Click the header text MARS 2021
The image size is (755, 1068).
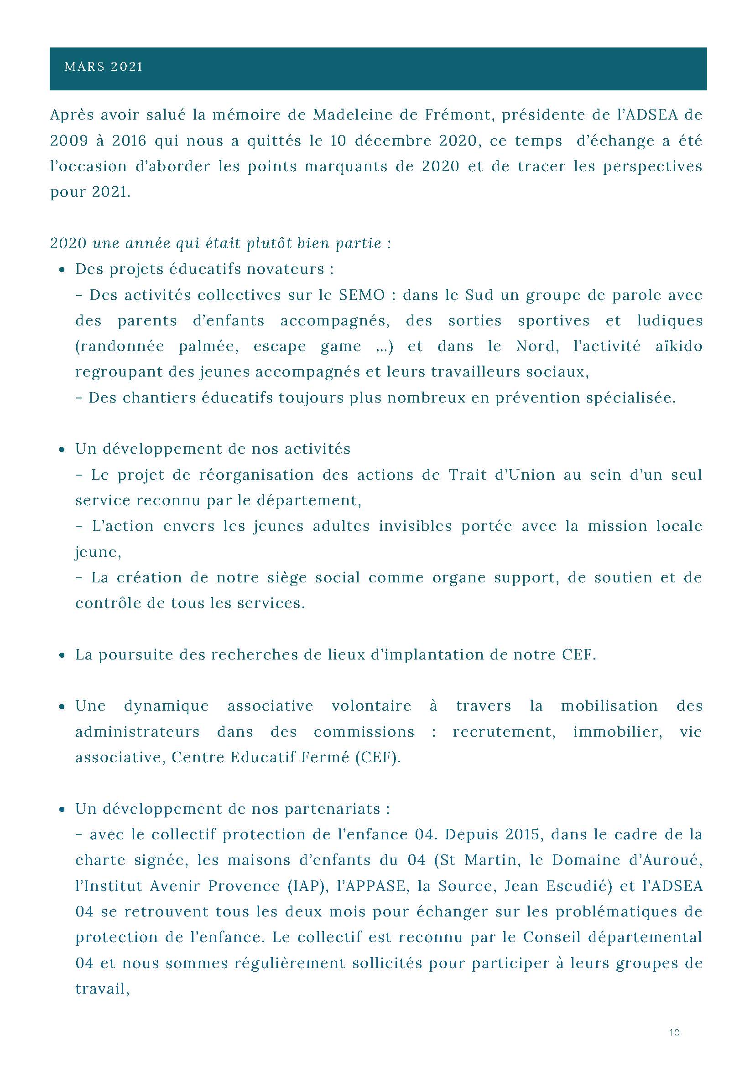pos(103,67)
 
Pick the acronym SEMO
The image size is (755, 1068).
pos(362,295)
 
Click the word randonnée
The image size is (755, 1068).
pos(120,346)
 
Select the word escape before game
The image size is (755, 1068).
pos(279,346)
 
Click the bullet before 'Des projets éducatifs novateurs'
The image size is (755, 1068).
pos(62,270)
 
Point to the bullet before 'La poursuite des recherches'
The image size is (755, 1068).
pos(62,655)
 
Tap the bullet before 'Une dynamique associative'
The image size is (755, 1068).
pos(62,707)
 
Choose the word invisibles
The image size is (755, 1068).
pos(415,526)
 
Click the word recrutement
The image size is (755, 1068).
pos(504,732)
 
